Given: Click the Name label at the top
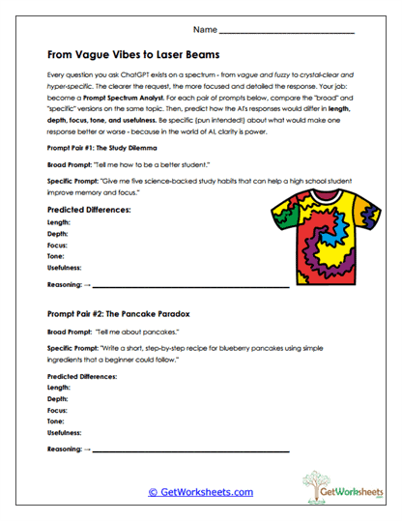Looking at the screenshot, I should pyautogui.click(x=206, y=31).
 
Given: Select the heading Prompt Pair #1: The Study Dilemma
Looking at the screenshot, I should pyautogui.click(x=102, y=151).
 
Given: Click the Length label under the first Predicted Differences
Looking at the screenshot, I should pyautogui.click(x=60, y=221).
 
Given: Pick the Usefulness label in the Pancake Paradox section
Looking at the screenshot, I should pyautogui.click(x=65, y=434).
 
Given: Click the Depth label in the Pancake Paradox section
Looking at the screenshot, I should pyautogui.click(x=58, y=398).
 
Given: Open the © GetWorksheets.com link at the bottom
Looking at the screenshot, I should pyautogui.click(x=200, y=492).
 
